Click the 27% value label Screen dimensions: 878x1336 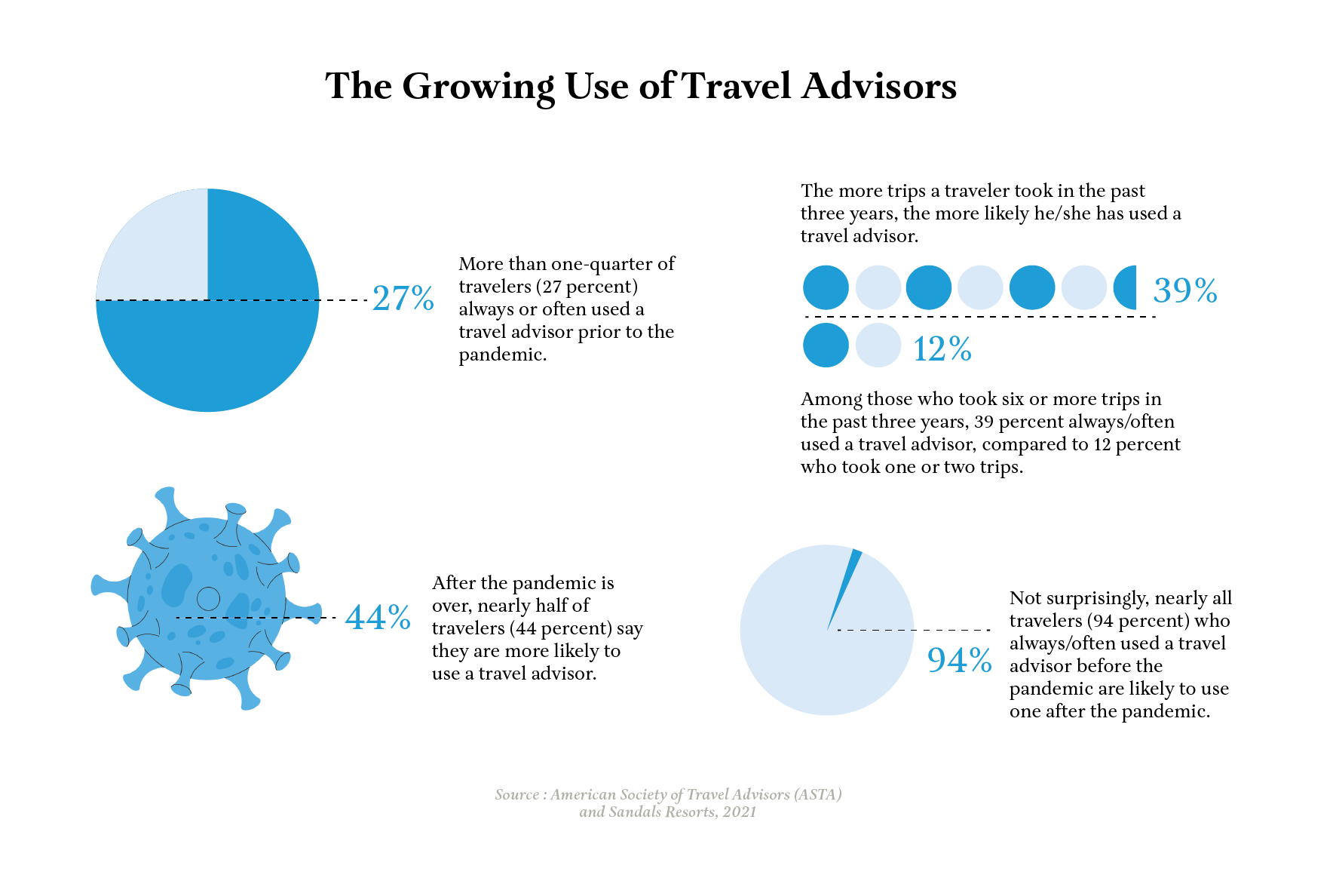tap(403, 299)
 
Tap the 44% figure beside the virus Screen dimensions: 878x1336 tap(378, 618)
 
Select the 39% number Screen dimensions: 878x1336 tap(1185, 290)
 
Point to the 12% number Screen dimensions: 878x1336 tap(942, 349)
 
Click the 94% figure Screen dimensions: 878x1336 tap(959, 660)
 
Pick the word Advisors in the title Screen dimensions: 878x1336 tap(879, 86)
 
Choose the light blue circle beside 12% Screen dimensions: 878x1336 tap(878, 345)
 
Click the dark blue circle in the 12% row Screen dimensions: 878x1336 tap(826, 345)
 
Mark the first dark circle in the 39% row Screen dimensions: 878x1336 tap(826, 287)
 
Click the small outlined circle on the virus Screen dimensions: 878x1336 tap(208, 599)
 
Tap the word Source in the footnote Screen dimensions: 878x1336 tap(517, 794)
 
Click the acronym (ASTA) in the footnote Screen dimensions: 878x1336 tap(817, 794)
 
